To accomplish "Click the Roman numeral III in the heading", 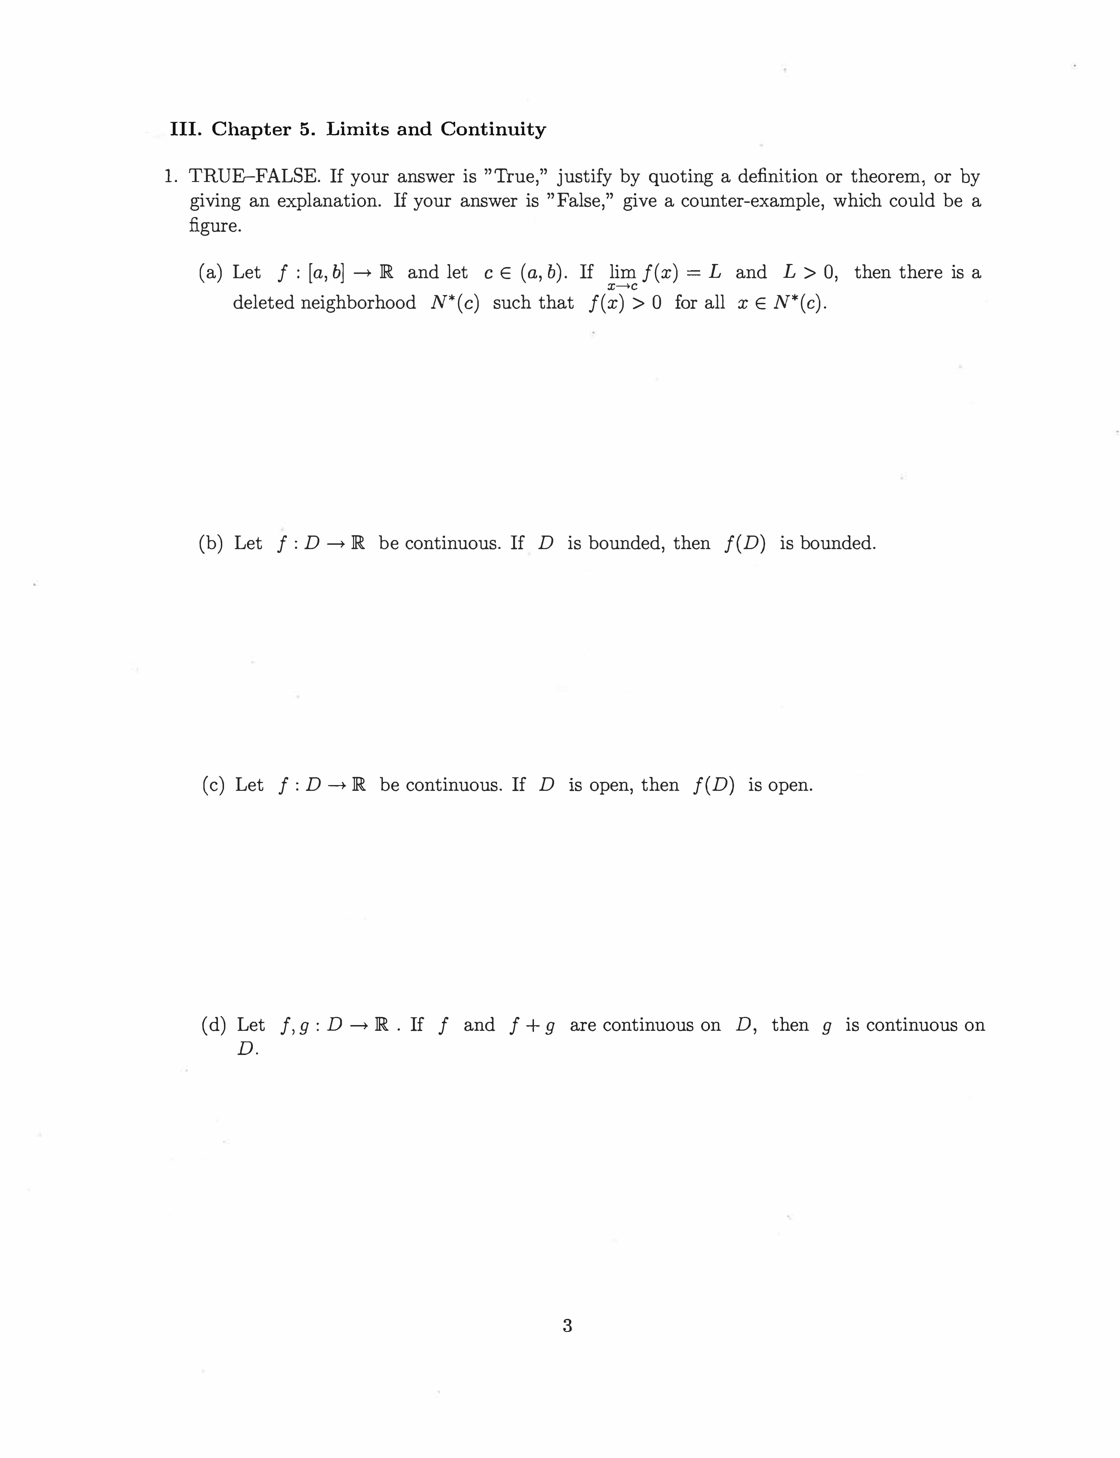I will (184, 129).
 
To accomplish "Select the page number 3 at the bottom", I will (567, 1326).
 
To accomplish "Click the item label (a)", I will (211, 273).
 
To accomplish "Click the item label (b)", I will (211, 543).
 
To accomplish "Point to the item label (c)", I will (213, 785).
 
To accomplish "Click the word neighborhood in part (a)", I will (358, 303).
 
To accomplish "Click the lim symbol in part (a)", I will (623, 273).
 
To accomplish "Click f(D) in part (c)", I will (714, 785).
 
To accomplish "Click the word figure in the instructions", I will (215, 226).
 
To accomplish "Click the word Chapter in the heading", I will (251, 129).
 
